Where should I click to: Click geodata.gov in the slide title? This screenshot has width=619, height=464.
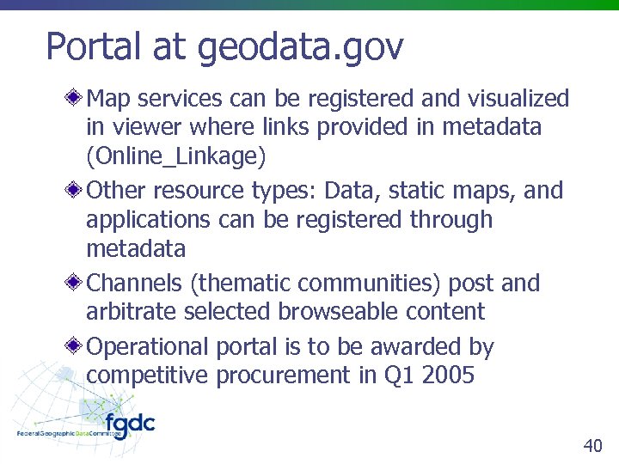click(x=300, y=49)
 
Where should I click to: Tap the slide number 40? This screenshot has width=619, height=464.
click(x=592, y=445)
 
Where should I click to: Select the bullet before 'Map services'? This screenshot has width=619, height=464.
click(x=77, y=99)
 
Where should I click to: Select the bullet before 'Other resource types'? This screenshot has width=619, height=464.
click(x=77, y=190)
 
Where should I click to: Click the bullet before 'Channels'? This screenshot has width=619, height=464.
click(x=77, y=283)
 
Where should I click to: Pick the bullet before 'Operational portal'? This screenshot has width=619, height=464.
click(x=77, y=347)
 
